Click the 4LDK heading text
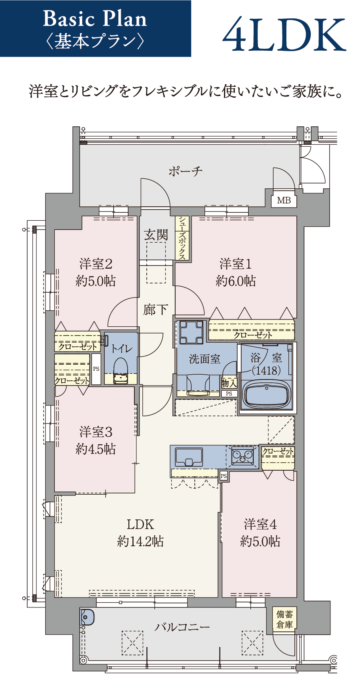click(x=284, y=34)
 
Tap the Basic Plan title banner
click(x=95, y=28)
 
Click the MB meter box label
click(x=284, y=200)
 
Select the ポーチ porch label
click(x=186, y=172)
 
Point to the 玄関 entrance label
click(x=156, y=235)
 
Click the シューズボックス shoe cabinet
click(x=182, y=238)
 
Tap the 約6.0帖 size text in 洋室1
click(x=236, y=281)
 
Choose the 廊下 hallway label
click(x=156, y=310)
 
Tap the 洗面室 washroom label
click(x=205, y=359)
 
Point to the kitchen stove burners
click(x=242, y=456)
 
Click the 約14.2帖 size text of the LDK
click(x=140, y=541)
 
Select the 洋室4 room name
click(x=260, y=525)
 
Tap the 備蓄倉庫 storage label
click(x=285, y=619)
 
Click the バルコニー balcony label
click(x=182, y=627)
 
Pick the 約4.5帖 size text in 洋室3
click(x=96, y=449)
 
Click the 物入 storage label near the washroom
click(x=229, y=383)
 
